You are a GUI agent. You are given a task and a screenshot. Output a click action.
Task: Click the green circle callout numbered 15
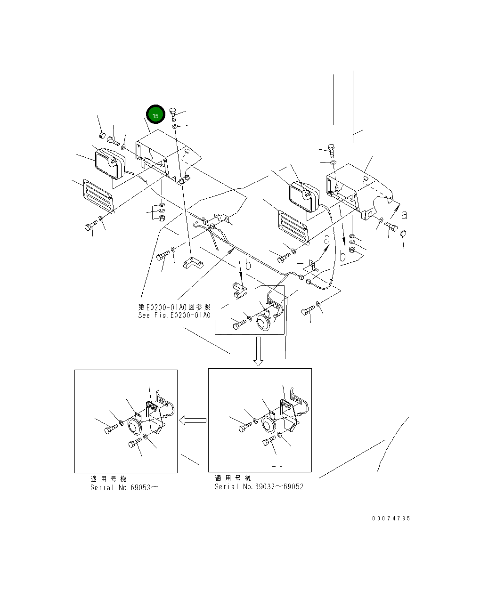[x=155, y=114]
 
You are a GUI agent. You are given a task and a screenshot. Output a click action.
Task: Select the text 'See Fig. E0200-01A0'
[x=174, y=316]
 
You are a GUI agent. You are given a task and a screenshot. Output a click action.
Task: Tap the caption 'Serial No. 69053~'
[x=124, y=487]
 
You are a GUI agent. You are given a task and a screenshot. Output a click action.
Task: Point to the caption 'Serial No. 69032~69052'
[x=259, y=486]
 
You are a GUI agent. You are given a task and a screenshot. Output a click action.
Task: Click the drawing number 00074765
[x=391, y=518]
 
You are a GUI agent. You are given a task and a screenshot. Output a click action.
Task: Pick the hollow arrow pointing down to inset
[x=258, y=351]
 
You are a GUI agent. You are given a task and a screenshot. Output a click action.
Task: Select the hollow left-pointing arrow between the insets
[x=194, y=420]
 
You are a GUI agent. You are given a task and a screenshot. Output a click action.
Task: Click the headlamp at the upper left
[x=109, y=163]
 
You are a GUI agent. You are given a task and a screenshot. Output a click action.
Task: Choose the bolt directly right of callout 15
[x=173, y=113]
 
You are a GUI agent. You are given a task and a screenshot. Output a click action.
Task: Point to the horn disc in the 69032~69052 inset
[x=270, y=425]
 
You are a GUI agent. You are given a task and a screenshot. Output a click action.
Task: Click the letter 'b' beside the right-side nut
[x=342, y=256]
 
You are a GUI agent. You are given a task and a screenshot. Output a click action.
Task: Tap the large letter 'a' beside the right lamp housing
[x=404, y=214]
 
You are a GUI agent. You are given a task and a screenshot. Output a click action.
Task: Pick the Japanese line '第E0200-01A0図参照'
[x=174, y=307]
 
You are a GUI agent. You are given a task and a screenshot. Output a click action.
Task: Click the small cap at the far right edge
[x=403, y=234]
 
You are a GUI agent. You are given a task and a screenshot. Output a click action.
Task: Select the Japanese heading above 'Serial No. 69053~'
[x=108, y=479]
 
